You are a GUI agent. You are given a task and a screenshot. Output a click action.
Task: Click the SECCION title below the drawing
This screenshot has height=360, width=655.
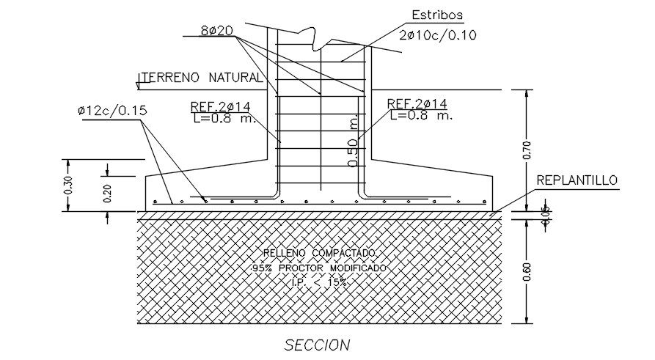[x=317, y=345]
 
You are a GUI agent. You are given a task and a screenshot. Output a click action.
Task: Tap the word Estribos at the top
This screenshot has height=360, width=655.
[x=437, y=15]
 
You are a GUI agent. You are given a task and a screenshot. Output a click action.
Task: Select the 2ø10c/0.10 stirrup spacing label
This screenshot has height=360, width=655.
[x=437, y=34]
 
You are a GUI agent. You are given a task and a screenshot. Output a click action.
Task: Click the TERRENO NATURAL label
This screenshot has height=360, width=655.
[x=202, y=77]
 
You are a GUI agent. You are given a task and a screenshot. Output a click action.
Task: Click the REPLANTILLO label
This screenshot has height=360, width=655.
[x=577, y=180]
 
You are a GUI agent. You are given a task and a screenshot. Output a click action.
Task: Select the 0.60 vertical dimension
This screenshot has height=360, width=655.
[x=526, y=271]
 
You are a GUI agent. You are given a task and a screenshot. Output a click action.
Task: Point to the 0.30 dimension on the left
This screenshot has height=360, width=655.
[x=68, y=185]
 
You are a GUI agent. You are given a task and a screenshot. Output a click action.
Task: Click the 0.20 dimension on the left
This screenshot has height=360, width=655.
[x=108, y=193]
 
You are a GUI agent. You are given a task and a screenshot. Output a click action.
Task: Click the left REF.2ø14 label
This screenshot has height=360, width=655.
[x=220, y=106]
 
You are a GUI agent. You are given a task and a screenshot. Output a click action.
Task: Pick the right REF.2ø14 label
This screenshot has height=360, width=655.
[x=417, y=104]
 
